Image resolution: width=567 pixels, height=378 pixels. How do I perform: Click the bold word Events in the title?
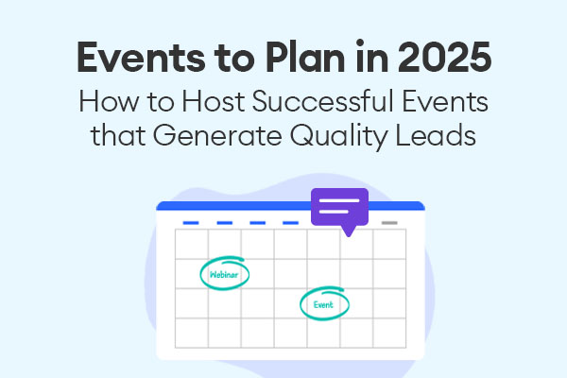click(141, 58)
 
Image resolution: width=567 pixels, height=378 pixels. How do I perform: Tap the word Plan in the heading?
click(305, 57)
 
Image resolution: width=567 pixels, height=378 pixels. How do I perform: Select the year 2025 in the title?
click(444, 57)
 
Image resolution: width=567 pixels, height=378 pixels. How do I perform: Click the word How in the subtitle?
click(109, 101)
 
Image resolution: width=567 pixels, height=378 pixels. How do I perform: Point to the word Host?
click(213, 101)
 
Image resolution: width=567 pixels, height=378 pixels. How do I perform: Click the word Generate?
click(217, 136)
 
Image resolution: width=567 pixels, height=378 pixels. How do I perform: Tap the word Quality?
click(337, 137)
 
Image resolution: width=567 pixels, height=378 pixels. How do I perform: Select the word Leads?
click(435, 135)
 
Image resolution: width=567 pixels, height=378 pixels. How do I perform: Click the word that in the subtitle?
click(117, 135)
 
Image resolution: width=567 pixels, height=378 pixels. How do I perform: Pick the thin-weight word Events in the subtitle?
click(445, 101)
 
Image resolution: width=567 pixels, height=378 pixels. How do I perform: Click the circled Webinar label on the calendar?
click(224, 275)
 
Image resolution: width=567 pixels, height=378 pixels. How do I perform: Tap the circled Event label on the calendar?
click(323, 305)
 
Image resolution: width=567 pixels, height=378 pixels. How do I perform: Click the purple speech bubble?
click(339, 207)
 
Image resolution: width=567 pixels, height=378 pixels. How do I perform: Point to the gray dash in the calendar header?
click(389, 223)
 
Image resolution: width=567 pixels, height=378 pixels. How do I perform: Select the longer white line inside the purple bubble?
click(339, 200)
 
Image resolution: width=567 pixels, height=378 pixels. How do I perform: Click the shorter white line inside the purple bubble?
click(334, 212)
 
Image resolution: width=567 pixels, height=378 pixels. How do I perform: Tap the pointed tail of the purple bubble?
click(349, 235)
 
